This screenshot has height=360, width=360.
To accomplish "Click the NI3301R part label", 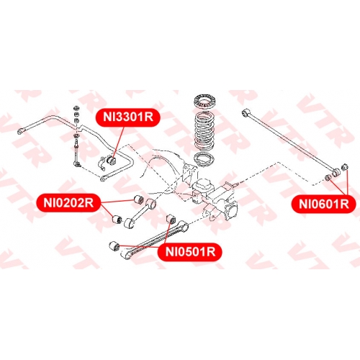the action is pos(128,117).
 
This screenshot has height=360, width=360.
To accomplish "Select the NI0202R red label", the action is pos(68,203).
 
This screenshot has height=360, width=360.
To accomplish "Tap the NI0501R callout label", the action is pos(190,252).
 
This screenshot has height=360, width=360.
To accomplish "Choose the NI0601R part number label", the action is pos(324,204).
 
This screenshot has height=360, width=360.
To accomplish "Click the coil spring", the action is pos(204,131).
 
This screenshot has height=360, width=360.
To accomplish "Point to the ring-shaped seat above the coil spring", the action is pos(204,102).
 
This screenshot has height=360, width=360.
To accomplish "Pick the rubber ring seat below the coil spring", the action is pos(204,159).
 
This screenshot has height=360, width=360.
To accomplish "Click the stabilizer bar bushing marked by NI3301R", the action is pos(111,160).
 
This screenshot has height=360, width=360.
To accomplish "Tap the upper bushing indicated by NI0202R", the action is pos(138,199).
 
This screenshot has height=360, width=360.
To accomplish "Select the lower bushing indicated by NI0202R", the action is pos(117,219).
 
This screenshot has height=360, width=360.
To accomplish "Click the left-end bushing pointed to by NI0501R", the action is pos(114,246).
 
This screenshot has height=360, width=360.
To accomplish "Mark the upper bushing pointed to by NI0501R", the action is pos(171,217).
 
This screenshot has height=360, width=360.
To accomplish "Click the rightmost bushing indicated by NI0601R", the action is pos(345,167).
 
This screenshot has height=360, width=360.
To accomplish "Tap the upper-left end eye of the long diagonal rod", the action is pos(246,112).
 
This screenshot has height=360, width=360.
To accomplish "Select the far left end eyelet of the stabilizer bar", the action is pos(21,131).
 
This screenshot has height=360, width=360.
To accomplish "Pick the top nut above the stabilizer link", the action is pos(76,107).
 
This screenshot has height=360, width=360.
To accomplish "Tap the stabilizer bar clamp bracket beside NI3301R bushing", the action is pos(103,163).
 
